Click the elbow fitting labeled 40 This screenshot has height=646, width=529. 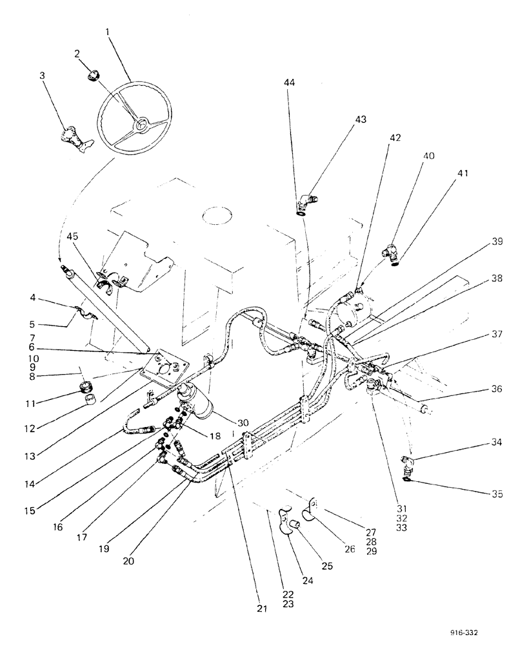(390, 251)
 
